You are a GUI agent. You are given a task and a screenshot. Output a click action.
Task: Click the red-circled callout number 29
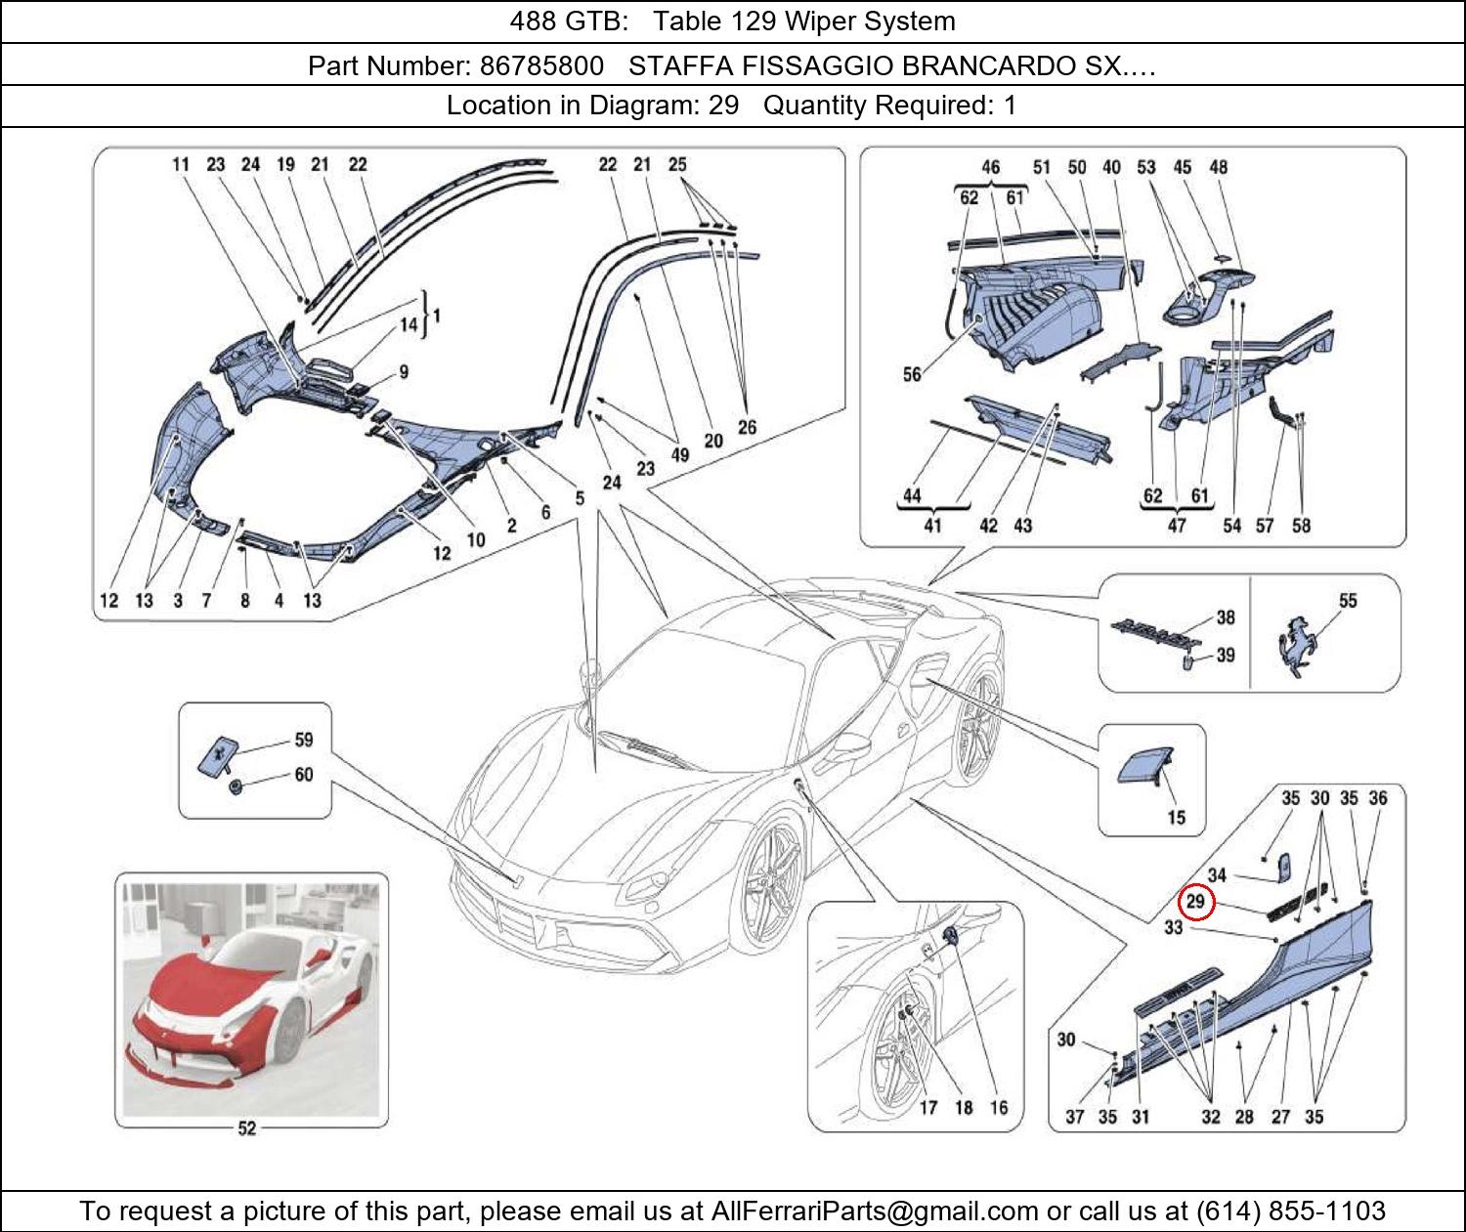(1196, 903)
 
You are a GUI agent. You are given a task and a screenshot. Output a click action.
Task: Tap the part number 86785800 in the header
(540, 65)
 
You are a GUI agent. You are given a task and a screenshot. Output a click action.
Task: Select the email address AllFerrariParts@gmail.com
(875, 1211)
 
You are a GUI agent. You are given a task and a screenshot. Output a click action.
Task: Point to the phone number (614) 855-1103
(1290, 1211)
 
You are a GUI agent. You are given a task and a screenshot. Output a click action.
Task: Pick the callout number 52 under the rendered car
(246, 1128)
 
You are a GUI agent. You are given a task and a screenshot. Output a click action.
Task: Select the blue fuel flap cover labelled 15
(1140, 766)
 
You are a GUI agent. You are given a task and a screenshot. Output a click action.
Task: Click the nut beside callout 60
(236, 786)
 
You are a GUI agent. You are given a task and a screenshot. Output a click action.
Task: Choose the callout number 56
(911, 374)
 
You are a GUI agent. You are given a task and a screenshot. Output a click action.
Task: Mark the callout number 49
(679, 454)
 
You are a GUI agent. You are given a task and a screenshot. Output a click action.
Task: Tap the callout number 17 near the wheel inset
(927, 1107)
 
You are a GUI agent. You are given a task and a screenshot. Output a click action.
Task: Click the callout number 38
(1225, 617)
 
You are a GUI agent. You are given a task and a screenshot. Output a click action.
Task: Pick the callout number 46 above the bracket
(990, 167)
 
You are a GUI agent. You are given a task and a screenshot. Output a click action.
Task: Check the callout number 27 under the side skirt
(1280, 1117)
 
